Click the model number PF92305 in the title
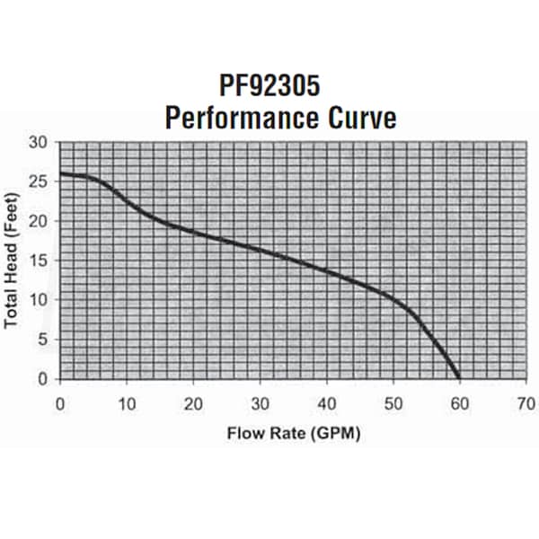[269, 86]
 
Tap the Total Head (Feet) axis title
[13, 261]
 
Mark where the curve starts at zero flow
[61, 173]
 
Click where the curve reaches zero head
[459, 378]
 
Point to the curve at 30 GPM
[260, 249]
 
